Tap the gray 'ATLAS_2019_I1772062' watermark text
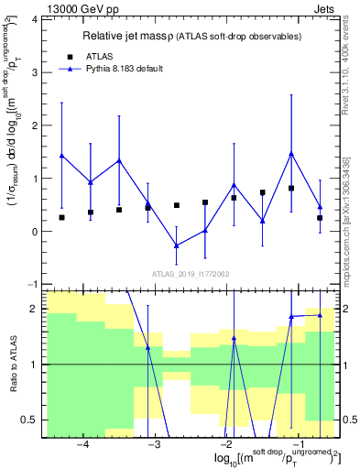[191, 274]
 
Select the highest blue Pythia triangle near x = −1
[291, 153]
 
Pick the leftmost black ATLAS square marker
[62, 217]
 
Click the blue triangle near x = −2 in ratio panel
[234, 338]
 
